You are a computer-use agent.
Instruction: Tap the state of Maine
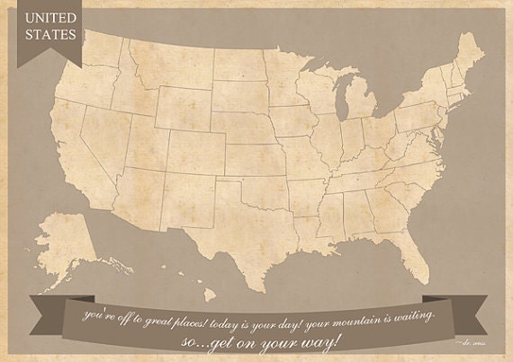point(468,56)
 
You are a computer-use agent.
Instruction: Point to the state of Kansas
point(254,156)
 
